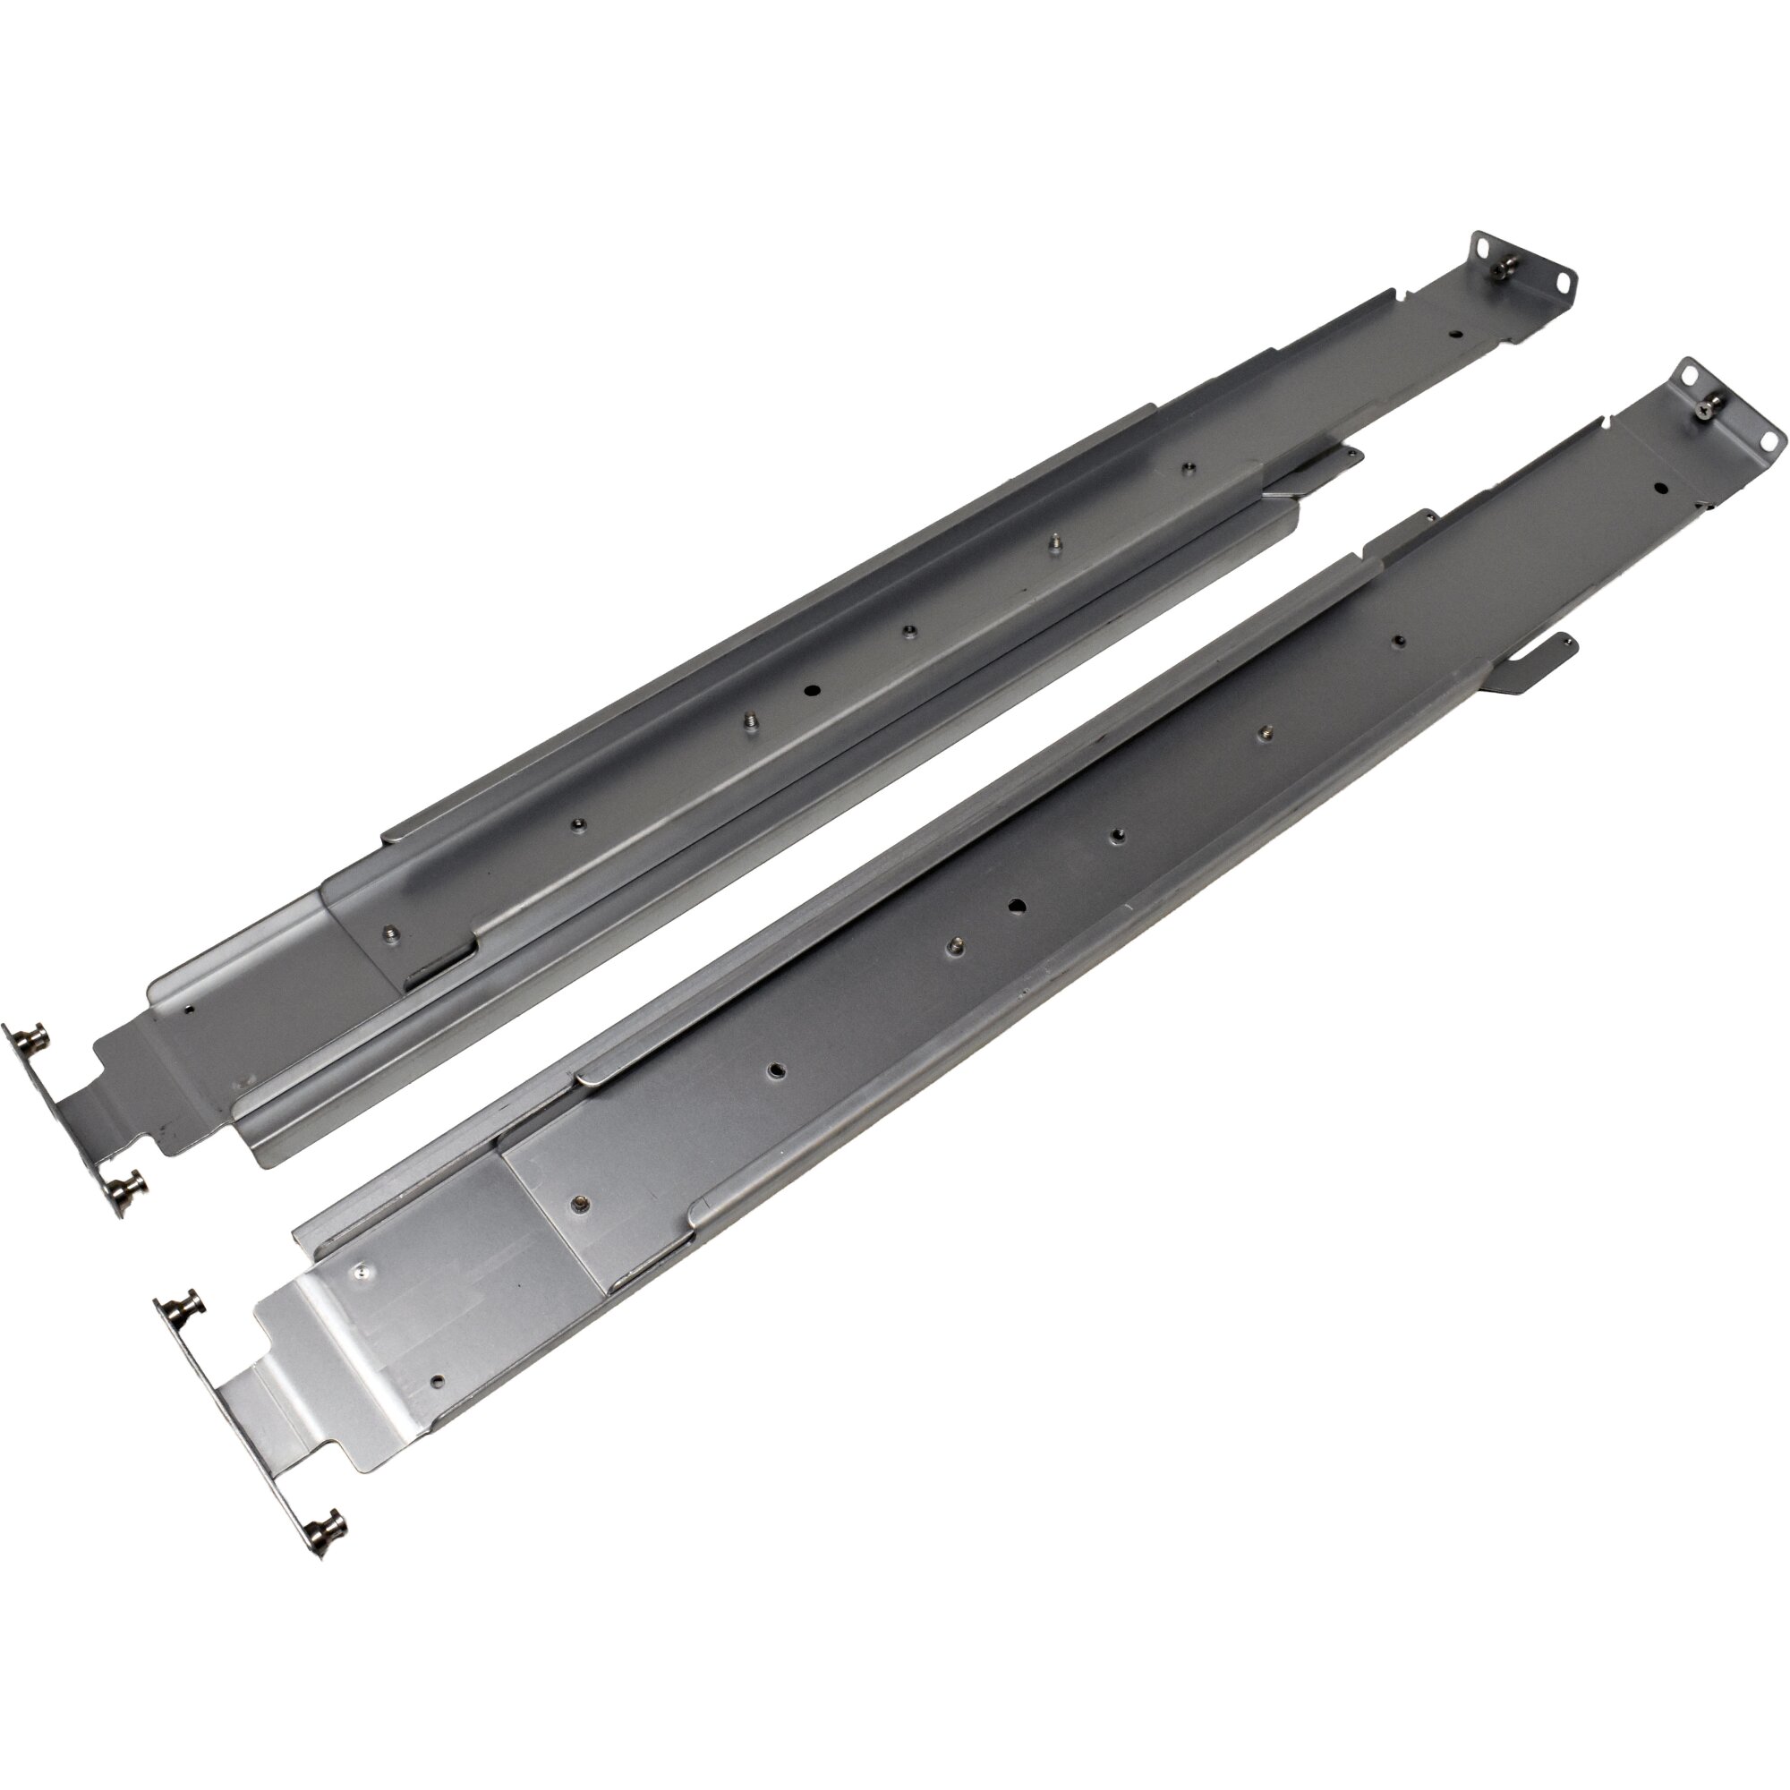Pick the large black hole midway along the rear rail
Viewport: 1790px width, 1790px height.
pos(813,689)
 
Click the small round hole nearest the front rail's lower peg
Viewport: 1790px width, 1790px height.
pos(439,1405)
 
